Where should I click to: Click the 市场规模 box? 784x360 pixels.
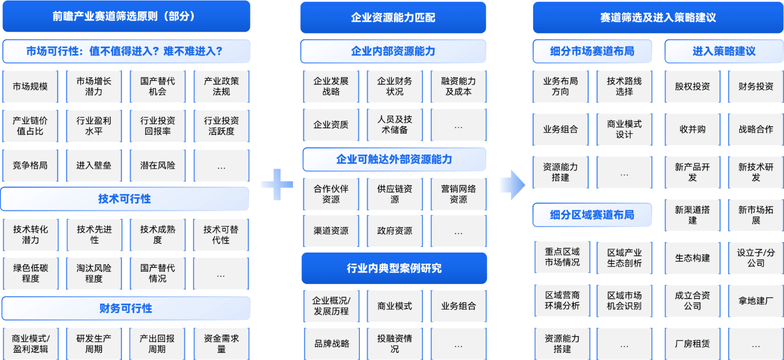click(x=30, y=86)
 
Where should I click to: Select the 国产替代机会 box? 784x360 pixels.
click(x=157, y=86)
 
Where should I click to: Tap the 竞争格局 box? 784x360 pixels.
click(x=30, y=165)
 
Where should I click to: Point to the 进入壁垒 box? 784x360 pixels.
click(x=94, y=165)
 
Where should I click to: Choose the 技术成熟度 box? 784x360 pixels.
click(x=157, y=235)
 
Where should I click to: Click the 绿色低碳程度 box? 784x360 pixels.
click(x=30, y=274)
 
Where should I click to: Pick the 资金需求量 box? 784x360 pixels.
click(x=221, y=343)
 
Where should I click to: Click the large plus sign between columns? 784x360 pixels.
click(x=277, y=184)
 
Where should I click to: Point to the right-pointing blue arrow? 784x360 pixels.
click(x=513, y=185)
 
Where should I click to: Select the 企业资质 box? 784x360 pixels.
click(x=331, y=125)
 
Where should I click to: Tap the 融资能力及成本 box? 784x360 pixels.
click(x=458, y=86)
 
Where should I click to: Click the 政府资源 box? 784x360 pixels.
click(x=395, y=231)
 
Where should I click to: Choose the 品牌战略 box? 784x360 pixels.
click(x=332, y=343)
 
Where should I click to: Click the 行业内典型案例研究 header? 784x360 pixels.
click(x=394, y=268)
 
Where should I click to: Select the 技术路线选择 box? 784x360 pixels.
click(x=625, y=86)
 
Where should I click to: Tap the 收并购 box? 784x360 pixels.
click(x=692, y=129)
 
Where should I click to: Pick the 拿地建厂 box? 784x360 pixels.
click(x=756, y=301)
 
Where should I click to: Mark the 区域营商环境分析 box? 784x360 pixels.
click(x=562, y=301)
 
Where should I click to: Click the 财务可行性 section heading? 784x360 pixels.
click(x=126, y=308)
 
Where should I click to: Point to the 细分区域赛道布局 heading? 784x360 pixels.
click(x=592, y=215)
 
